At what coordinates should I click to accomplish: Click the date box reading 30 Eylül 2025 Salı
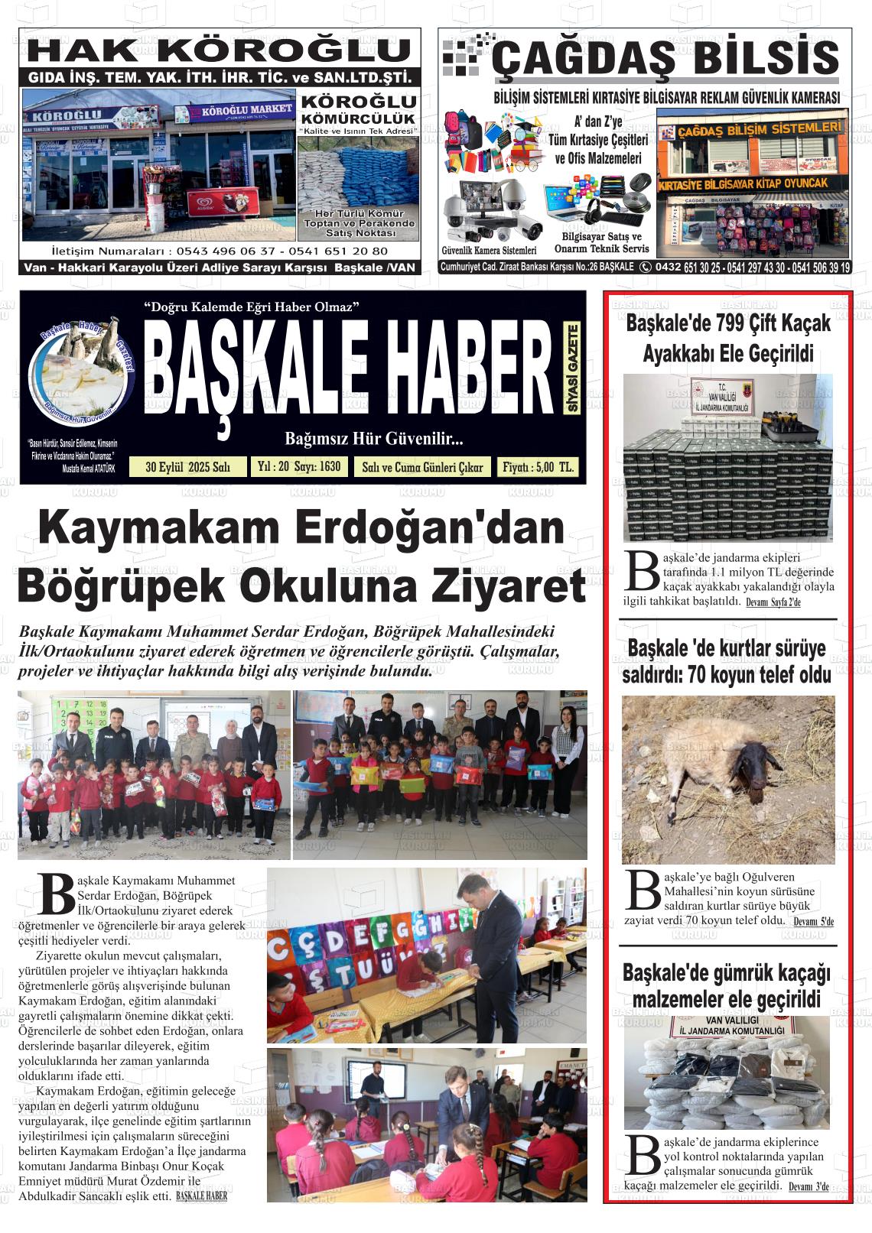coord(188,467)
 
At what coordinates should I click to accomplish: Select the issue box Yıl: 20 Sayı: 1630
coord(299,466)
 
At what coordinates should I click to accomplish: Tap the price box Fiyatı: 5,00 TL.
coord(537,467)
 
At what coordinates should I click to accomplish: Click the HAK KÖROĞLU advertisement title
coord(222,51)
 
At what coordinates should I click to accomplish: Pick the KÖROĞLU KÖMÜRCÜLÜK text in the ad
coord(358,109)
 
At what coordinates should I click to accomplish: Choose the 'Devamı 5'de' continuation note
coord(813,922)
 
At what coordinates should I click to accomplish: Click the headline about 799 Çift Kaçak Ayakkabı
coord(727,338)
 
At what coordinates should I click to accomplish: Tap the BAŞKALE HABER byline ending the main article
coord(201,1196)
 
